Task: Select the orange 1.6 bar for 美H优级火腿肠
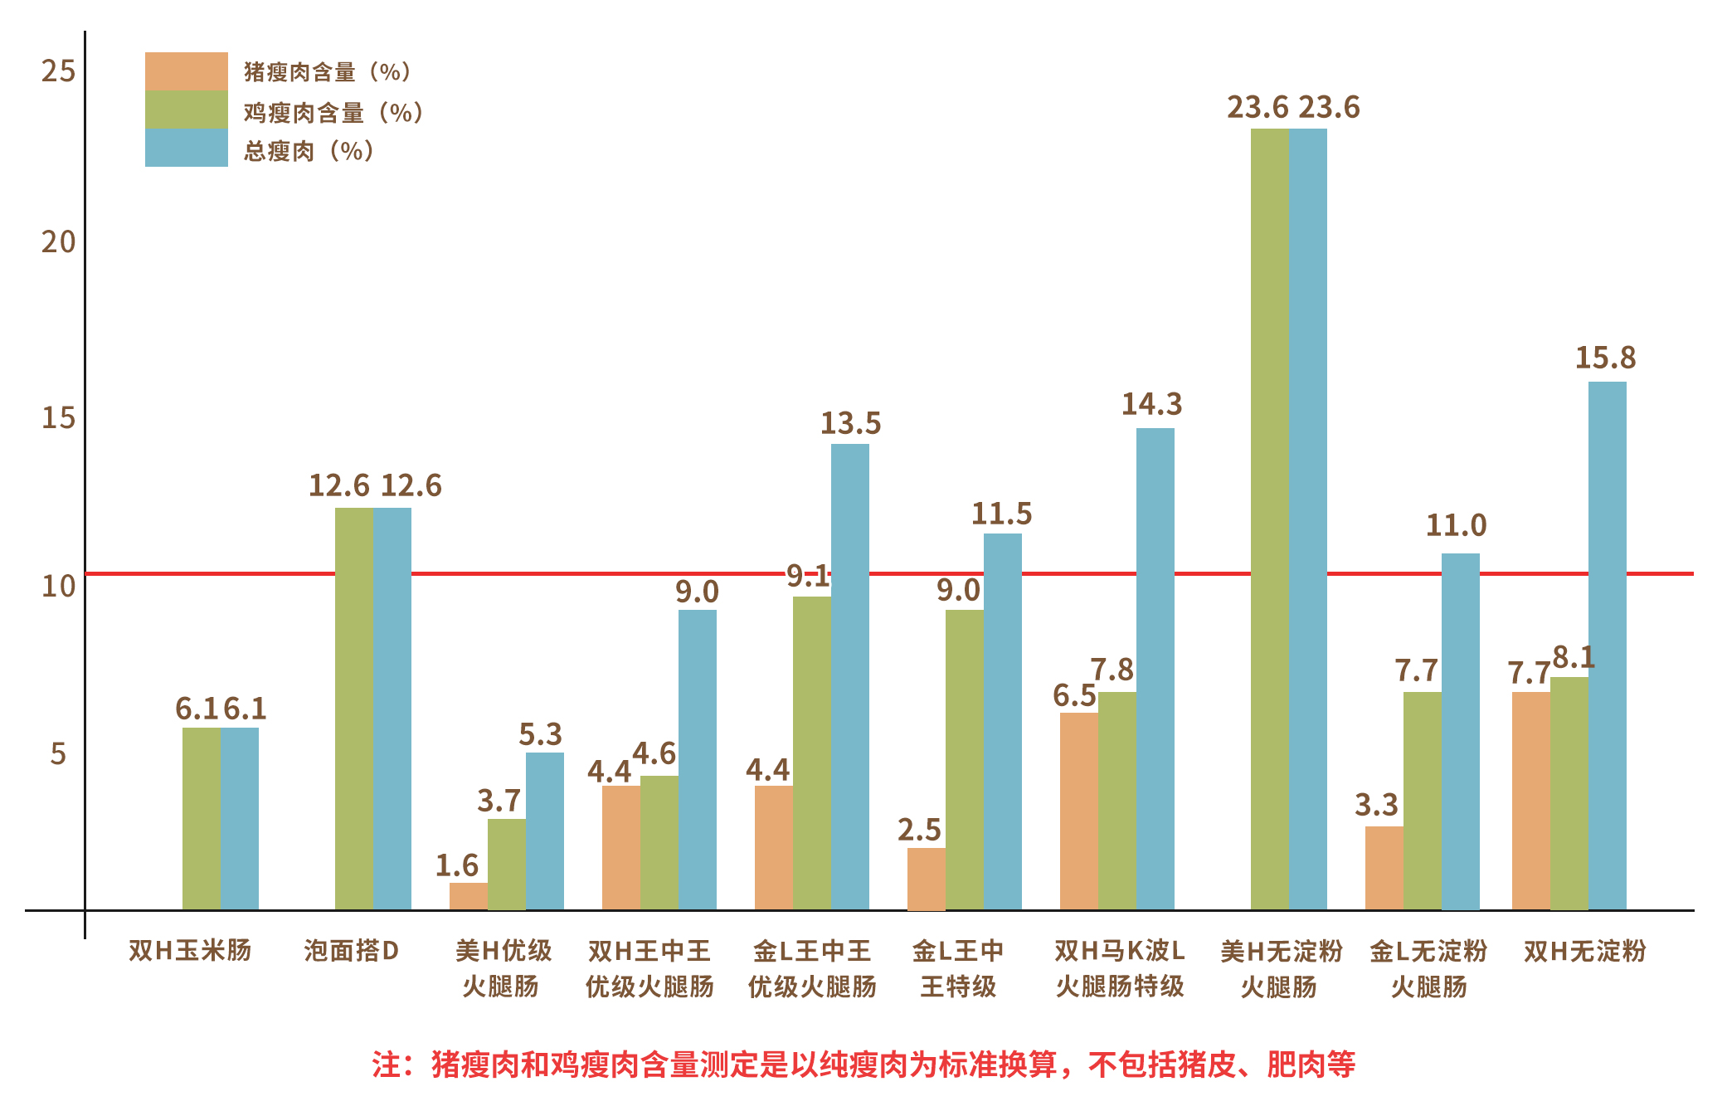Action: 468,896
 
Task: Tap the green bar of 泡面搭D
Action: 353,709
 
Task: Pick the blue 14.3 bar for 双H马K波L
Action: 1155,669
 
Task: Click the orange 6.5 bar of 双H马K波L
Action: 1078,811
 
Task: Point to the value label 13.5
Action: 850,424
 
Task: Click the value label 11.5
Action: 1001,514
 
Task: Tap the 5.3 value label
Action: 540,735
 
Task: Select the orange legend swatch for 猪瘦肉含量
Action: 186,71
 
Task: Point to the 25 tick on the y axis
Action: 58,71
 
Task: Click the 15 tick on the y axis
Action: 58,418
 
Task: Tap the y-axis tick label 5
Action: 58,754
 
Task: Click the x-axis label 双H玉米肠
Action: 190,951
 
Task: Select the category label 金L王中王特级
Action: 958,968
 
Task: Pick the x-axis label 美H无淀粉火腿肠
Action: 1280,968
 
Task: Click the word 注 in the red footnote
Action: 387,1065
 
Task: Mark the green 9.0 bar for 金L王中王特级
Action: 964,760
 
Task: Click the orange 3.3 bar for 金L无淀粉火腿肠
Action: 1384,868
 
